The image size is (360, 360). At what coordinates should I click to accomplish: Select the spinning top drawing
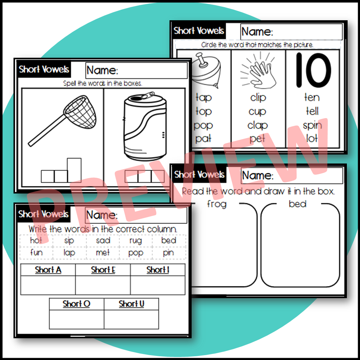202,69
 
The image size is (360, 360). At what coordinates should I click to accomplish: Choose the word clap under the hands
258,125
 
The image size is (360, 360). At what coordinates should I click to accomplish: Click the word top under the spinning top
203,111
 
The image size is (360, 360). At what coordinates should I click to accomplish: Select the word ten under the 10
312,97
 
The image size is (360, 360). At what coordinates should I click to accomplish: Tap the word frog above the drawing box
216,204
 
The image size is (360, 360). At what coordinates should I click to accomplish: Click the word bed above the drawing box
298,204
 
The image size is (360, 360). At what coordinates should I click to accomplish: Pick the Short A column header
48,270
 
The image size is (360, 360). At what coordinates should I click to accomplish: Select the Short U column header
131,304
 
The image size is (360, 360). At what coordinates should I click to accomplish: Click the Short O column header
76,304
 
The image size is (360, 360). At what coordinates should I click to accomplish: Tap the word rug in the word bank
135,240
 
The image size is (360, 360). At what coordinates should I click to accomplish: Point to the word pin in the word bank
168,252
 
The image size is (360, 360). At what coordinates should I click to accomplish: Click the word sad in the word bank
103,240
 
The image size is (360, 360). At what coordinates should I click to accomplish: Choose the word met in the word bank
103,252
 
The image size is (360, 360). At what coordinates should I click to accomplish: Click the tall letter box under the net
74,170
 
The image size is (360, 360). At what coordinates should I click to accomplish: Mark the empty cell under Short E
103,285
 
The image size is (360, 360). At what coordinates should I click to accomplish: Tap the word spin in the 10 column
312,125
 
